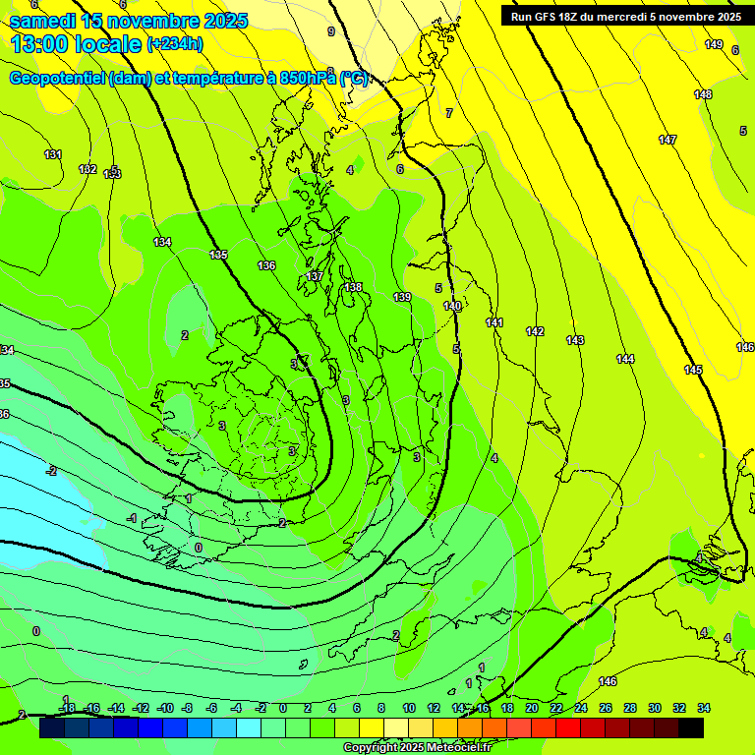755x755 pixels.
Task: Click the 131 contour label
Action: point(53,154)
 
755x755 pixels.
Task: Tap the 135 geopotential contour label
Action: point(218,255)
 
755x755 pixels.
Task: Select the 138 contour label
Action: point(353,287)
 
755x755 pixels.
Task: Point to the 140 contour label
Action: point(452,306)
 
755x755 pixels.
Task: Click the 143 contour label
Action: point(575,340)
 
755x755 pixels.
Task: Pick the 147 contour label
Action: point(668,140)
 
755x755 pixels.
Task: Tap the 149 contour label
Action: point(714,44)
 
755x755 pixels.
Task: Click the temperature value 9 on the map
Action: point(331,31)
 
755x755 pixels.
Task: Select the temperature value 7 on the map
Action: point(449,113)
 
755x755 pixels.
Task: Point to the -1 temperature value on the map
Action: point(132,518)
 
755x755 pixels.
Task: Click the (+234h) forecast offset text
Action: point(175,43)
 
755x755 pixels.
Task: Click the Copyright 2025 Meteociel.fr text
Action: point(417,748)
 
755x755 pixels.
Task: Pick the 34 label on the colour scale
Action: point(704,708)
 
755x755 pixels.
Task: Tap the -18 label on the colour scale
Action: point(67,708)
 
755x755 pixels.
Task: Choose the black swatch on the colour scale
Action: point(691,727)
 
